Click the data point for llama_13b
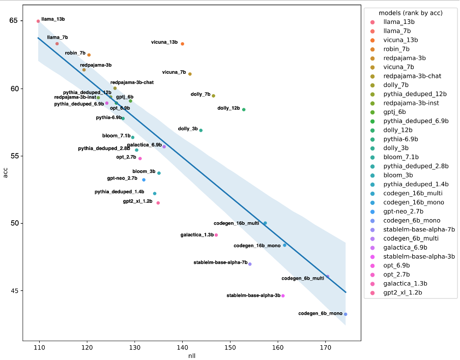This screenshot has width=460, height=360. click(x=38, y=21)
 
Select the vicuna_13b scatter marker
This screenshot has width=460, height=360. click(x=183, y=44)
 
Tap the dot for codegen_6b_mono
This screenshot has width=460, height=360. click(x=346, y=314)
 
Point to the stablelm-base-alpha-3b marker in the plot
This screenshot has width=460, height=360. click(x=283, y=296)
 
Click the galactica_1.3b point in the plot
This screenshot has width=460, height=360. click(x=216, y=235)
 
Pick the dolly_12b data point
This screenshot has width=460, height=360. click(x=244, y=109)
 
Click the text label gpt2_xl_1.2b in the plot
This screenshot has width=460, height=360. click(x=137, y=201)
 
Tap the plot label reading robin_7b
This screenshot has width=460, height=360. click(x=75, y=53)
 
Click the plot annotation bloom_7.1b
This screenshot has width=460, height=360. click(x=116, y=136)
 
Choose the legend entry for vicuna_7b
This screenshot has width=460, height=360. click(x=398, y=67)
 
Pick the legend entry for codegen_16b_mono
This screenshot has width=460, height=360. click(x=413, y=202)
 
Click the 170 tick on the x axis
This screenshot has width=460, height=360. click(x=326, y=347)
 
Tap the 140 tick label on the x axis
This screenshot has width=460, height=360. click(x=183, y=347)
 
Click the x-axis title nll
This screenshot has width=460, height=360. click(x=191, y=355)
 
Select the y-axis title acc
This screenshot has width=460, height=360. click(x=5, y=176)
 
